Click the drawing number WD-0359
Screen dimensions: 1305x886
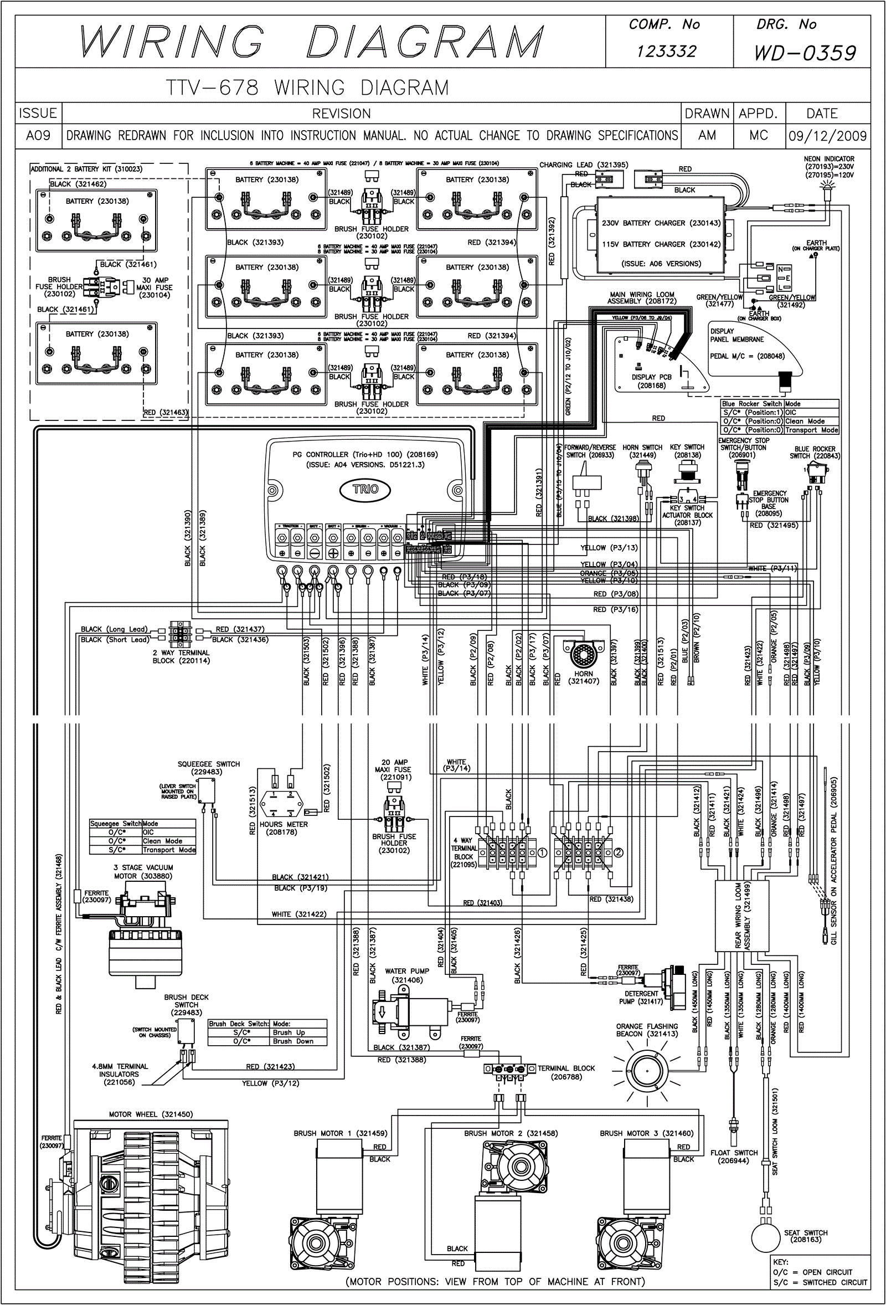805,53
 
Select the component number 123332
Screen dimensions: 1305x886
666,52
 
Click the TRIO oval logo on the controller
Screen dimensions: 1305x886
365,489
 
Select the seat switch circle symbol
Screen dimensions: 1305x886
767,1237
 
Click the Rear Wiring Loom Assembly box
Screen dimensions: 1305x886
741,916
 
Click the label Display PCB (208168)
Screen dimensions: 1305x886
651,381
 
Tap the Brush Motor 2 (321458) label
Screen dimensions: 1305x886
511,1133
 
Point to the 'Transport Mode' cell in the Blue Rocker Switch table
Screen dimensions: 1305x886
811,430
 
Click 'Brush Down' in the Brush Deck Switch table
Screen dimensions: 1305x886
293,1041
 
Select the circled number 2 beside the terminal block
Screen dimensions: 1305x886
618,852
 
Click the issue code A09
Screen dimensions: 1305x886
38,136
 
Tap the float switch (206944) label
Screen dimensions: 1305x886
734,1156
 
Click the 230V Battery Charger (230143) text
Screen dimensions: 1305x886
661,223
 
